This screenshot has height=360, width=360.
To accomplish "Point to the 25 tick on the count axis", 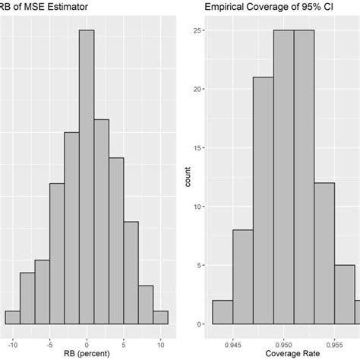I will pyautogui.click(x=197, y=31).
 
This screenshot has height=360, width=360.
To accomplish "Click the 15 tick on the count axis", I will pyautogui.click(x=197, y=148).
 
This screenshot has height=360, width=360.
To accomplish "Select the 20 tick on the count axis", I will pyautogui.click(x=197, y=90).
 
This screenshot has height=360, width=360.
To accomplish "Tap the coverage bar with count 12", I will pyautogui.click(x=324, y=254).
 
